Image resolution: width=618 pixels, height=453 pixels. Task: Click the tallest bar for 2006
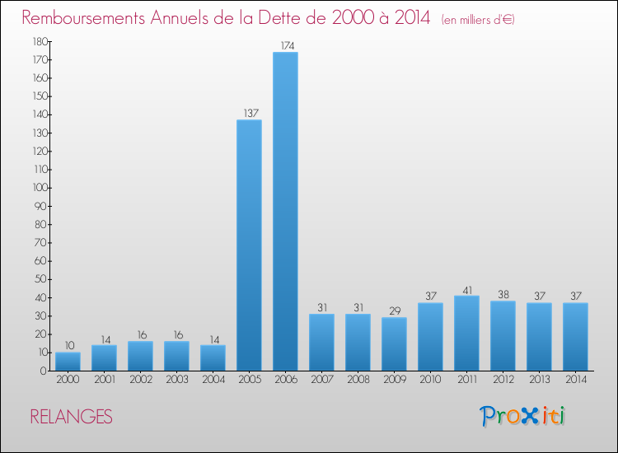click(x=285, y=212)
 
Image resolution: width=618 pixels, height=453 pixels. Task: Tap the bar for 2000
click(x=68, y=362)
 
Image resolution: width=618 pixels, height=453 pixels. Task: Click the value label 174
click(x=285, y=46)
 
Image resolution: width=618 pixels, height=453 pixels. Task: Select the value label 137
click(x=249, y=113)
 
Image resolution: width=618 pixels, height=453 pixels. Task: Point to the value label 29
click(x=394, y=311)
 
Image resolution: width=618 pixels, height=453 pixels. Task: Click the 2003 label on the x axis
click(x=176, y=381)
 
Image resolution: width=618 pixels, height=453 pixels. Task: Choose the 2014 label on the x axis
click(x=575, y=381)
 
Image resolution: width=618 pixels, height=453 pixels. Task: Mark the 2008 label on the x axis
click(x=358, y=381)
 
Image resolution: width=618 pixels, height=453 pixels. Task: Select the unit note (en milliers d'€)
click(x=478, y=19)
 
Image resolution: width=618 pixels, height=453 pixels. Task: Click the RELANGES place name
click(x=71, y=417)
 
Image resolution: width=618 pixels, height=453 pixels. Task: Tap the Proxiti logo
click(x=522, y=416)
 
